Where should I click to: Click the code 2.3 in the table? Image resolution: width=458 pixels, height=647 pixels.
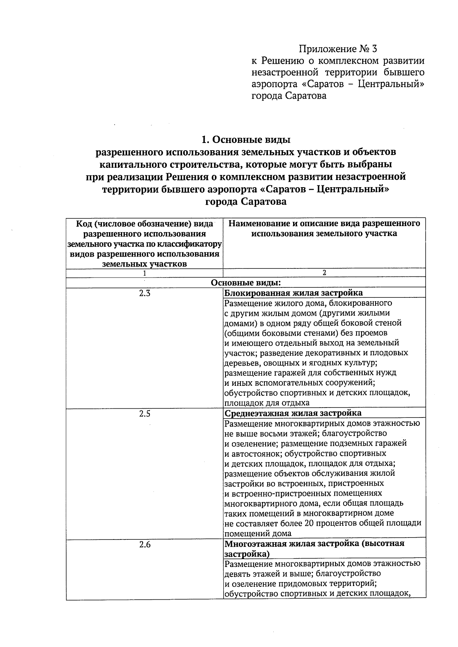coord(145,293)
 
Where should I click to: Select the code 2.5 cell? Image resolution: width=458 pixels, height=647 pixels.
coord(145,414)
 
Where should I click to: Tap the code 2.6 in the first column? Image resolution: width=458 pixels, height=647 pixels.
coord(145,545)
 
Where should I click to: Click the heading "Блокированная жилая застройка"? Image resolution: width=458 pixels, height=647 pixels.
coord(293,293)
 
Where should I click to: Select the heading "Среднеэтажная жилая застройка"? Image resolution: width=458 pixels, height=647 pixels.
coord(293,413)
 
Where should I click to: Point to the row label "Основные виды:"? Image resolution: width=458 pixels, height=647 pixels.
coord(245,283)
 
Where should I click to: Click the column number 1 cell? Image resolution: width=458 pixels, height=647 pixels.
coord(144,273)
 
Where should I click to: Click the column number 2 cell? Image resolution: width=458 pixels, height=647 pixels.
coord(324,273)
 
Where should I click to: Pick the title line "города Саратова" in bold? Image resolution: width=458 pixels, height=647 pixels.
coord(246,202)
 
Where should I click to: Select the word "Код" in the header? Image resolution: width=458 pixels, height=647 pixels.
coord(84,223)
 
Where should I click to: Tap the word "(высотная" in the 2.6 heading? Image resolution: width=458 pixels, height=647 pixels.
coord(384,543)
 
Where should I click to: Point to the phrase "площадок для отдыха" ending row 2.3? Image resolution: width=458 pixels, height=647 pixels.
coord(266,403)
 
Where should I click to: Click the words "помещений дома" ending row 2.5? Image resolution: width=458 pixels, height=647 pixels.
coord(258,533)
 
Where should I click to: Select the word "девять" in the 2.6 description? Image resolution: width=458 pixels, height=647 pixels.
coord(236,573)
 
